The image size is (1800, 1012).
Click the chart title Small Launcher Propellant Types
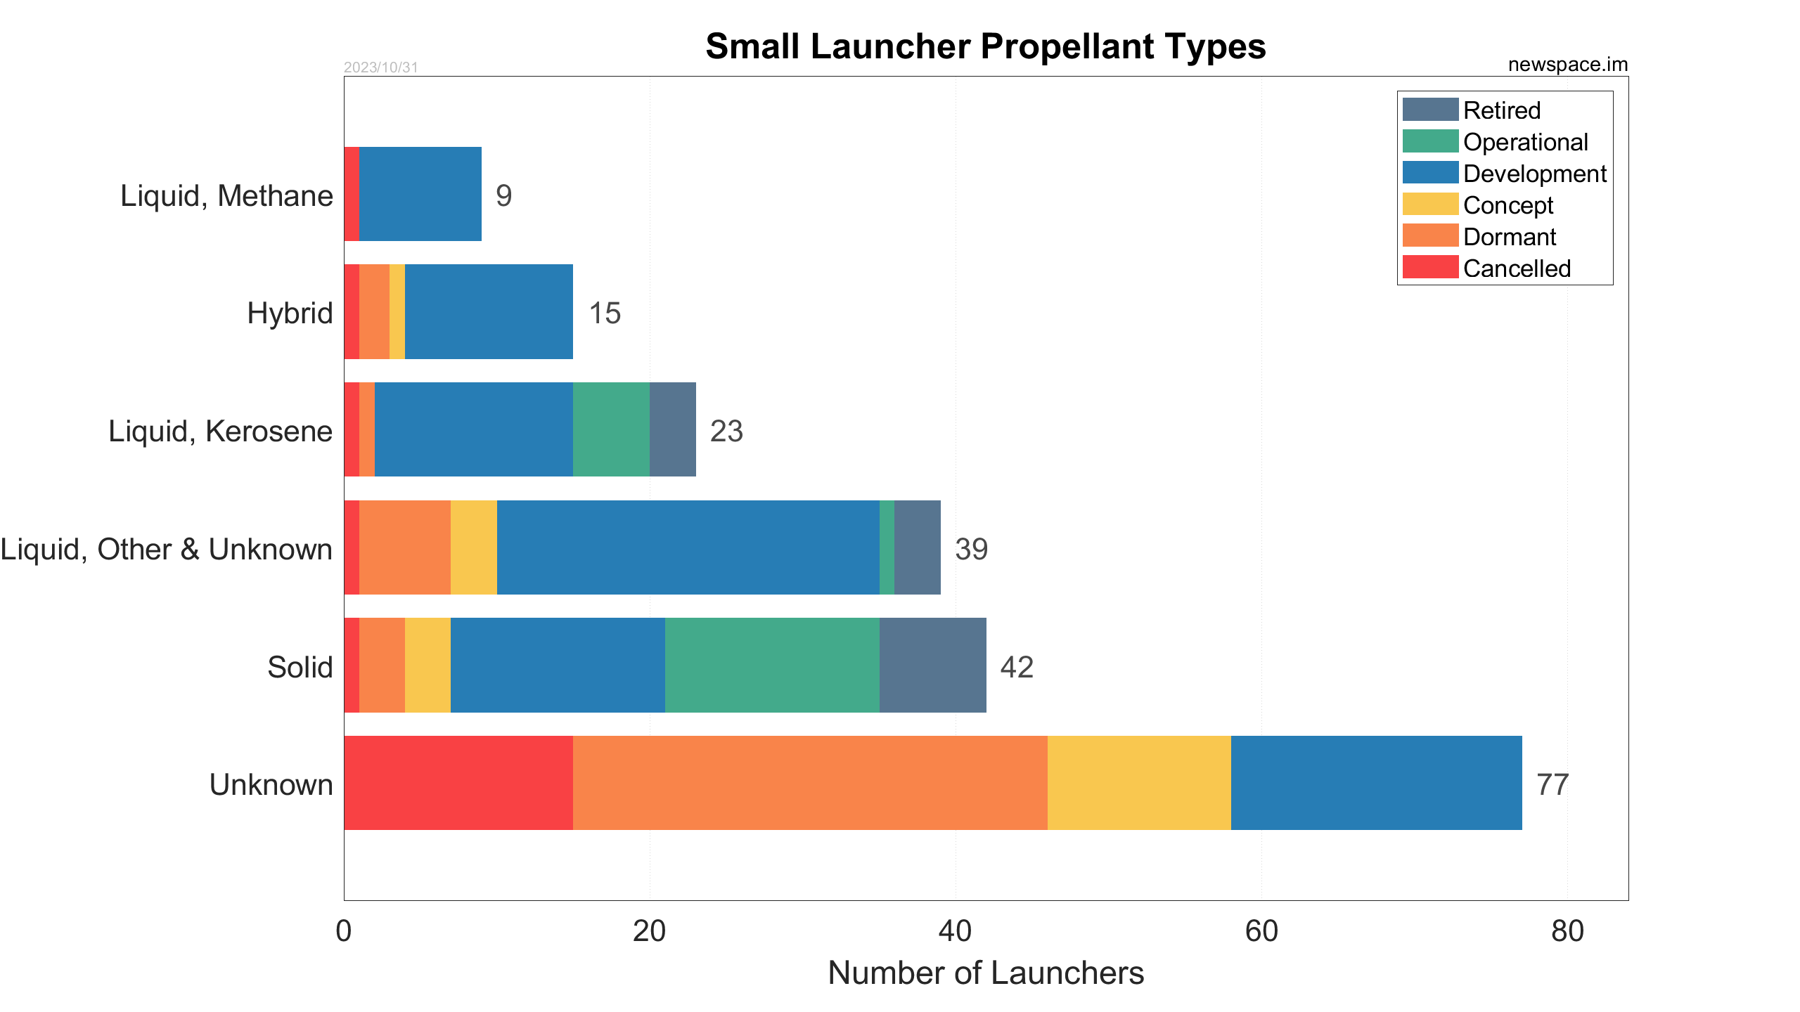(x=985, y=47)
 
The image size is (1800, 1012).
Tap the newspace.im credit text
(x=1567, y=65)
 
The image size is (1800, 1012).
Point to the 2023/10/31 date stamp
(x=380, y=67)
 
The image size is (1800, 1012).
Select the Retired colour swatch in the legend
(x=1429, y=110)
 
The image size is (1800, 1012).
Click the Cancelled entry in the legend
(x=1516, y=268)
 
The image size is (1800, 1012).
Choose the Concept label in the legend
(x=1507, y=205)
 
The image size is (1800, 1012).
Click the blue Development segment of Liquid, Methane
(x=420, y=194)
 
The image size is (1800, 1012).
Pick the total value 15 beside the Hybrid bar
(x=604, y=313)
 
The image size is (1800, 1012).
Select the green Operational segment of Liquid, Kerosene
(x=611, y=429)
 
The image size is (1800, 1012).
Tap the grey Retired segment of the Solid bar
(x=932, y=665)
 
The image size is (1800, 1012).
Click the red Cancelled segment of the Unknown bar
(x=458, y=783)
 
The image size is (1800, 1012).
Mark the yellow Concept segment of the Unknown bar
(x=1139, y=783)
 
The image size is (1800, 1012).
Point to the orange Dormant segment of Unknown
(x=810, y=783)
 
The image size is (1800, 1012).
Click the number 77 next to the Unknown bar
(x=1552, y=785)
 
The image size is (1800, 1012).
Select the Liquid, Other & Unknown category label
(x=167, y=549)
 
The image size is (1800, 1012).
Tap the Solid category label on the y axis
(x=300, y=667)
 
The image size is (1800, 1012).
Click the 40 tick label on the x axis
(x=955, y=931)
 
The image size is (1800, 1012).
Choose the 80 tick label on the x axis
(x=1567, y=931)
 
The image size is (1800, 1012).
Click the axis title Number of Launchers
(x=985, y=973)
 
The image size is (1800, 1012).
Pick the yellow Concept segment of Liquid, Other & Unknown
(x=473, y=547)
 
